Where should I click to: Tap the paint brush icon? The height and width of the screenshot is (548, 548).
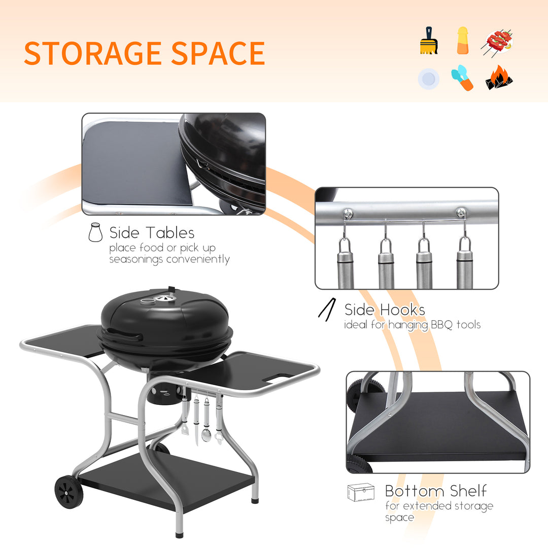pos(429,41)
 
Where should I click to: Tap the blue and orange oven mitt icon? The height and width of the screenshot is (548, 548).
pos(462,78)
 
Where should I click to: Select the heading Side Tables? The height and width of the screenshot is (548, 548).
pos(152,233)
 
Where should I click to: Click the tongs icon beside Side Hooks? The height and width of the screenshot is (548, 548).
pos(327,309)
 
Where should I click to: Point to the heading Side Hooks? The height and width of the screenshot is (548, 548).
pos(385,309)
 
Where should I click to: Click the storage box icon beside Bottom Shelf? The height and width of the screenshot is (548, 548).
pos(361,492)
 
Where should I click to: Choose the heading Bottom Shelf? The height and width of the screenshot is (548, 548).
pos(436,491)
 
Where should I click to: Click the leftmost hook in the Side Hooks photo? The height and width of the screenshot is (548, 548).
pos(346,234)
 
